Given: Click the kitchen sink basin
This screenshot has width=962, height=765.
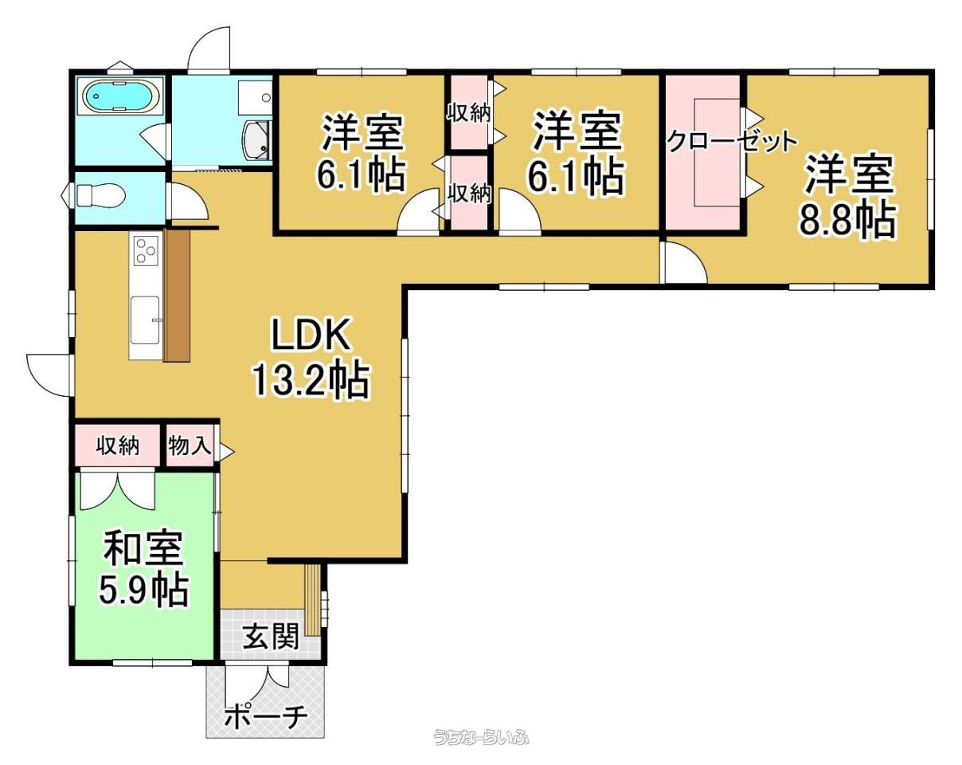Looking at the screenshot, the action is click(x=145, y=320).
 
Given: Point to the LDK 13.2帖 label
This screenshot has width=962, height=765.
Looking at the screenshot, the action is click(x=311, y=358).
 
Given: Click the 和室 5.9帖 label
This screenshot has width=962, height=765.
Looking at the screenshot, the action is click(x=143, y=569).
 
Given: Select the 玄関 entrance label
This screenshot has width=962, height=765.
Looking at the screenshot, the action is click(x=270, y=636).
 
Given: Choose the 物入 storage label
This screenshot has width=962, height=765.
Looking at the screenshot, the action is click(x=190, y=446).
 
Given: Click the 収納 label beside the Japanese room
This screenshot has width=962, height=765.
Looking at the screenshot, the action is click(x=118, y=446).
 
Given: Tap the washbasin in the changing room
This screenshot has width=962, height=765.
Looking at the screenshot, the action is click(x=257, y=140).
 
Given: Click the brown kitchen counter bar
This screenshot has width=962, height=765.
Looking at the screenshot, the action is click(x=177, y=296).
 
